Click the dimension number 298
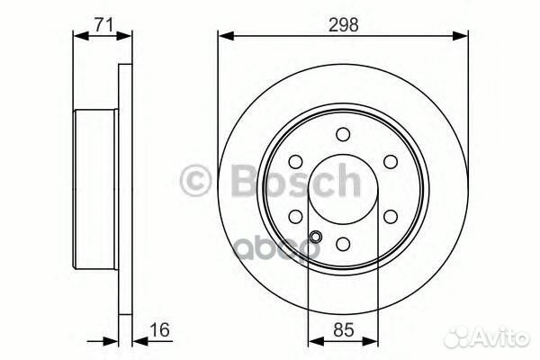[343, 26]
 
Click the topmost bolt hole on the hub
[343, 135]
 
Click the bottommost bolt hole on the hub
[343, 244]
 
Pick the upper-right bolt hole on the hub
[390, 163]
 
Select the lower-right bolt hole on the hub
[390, 217]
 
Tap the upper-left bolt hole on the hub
[296, 163]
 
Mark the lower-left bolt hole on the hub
[296, 217]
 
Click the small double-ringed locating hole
[314, 238]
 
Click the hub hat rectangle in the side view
[94, 189]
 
